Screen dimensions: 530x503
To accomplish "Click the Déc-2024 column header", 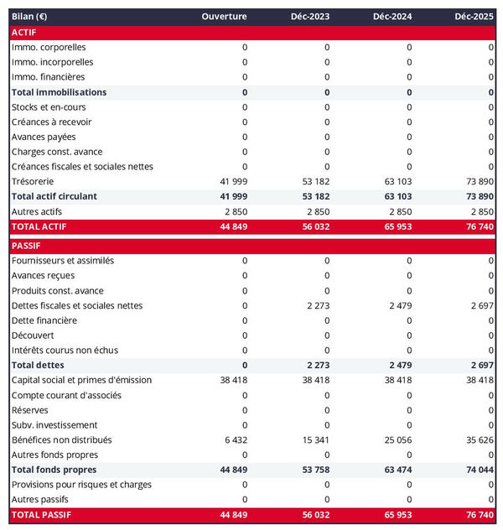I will pyautogui.click(x=392, y=17).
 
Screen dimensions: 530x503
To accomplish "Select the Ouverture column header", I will pyautogui.click(x=224, y=17).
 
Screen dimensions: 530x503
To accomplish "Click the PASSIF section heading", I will pyautogui.click(x=26, y=246).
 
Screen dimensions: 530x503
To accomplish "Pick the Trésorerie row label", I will pyautogui.click(x=33, y=181).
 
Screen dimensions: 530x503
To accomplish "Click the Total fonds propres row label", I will pyautogui.click(x=54, y=470).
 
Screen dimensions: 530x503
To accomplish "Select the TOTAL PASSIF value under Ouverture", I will pyautogui.click(x=231, y=513).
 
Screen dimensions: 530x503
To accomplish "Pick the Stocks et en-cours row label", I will pyautogui.click(x=49, y=107).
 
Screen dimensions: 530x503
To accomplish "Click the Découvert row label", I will pyautogui.click(x=33, y=335).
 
